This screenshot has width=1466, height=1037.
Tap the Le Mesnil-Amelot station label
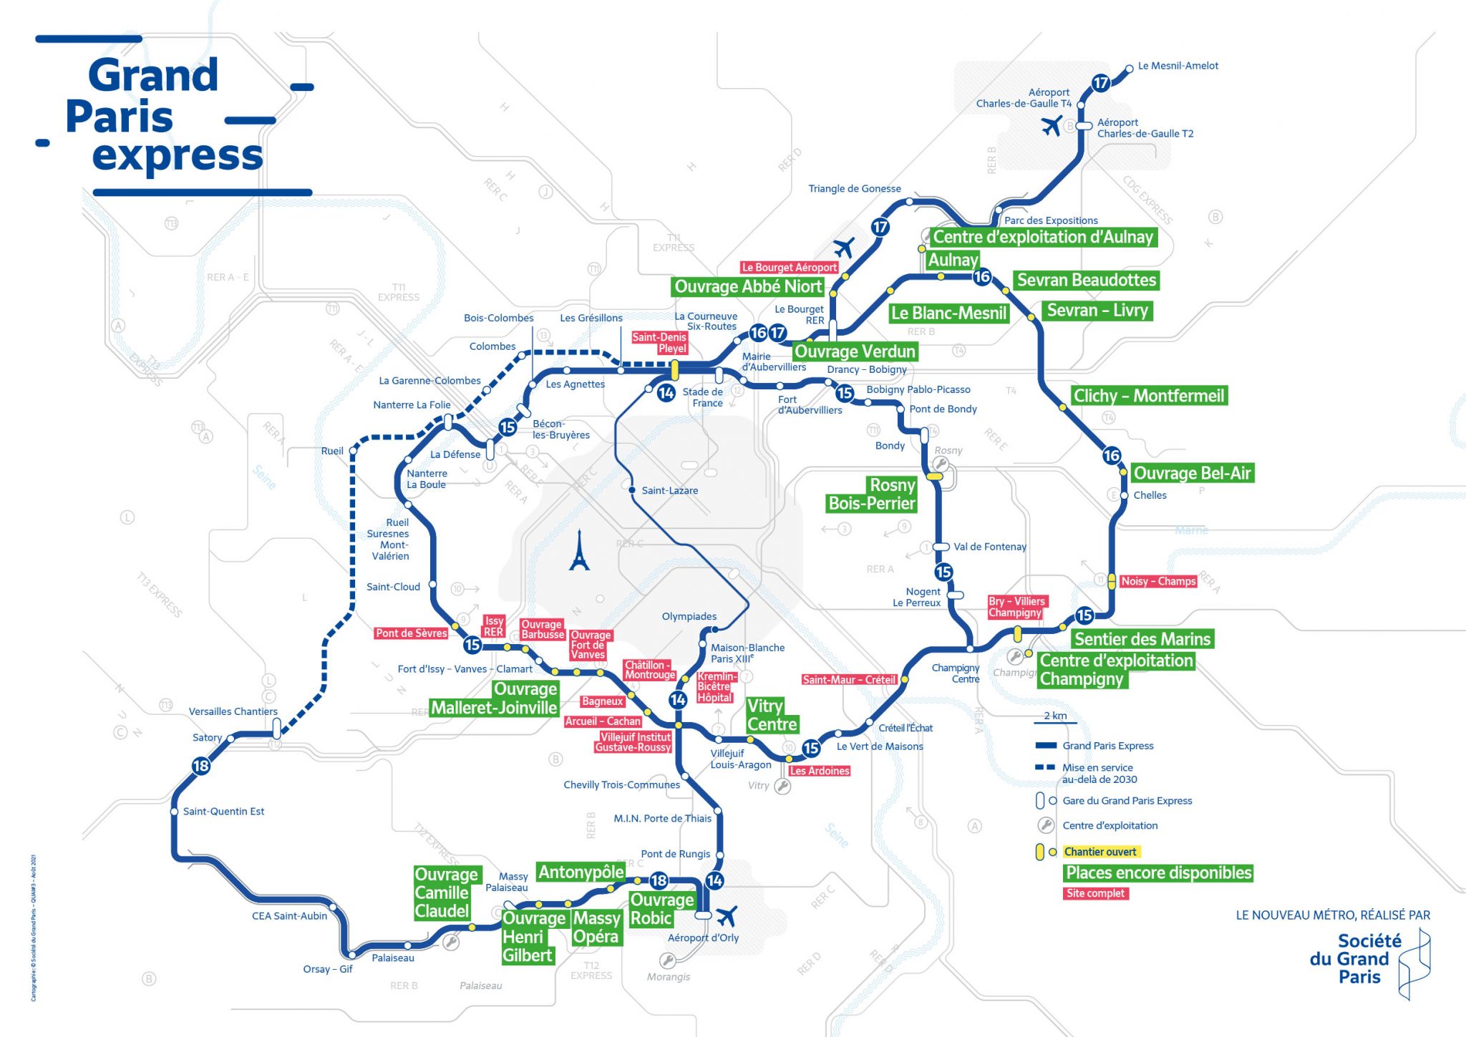(x=1178, y=66)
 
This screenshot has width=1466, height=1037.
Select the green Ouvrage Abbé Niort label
(x=748, y=287)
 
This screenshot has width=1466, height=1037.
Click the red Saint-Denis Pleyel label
(x=659, y=343)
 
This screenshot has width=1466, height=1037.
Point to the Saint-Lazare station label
(x=669, y=490)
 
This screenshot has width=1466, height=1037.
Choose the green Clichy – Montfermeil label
(x=1149, y=396)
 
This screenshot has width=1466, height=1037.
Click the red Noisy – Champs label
(x=1157, y=581)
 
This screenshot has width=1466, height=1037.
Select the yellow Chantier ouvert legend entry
(x=1100, y=852)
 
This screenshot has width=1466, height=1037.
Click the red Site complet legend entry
(x=1096, y=893)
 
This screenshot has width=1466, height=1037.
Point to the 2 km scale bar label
(x=1055, y=716)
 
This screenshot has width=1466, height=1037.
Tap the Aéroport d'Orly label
(x=703, y=938)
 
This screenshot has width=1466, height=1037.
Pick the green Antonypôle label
(x=581, y=872)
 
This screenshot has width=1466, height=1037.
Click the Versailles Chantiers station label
(x=233, y=711)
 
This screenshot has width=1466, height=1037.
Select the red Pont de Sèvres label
(x=411, y=633)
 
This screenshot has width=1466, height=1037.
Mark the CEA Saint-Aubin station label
(x=289, y=916)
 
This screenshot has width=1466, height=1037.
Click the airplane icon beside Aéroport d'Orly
(x=727, y=915)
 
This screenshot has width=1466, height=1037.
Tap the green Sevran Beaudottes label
(x=1086, y=281)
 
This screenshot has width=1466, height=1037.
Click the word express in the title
(x=178, y=155)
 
